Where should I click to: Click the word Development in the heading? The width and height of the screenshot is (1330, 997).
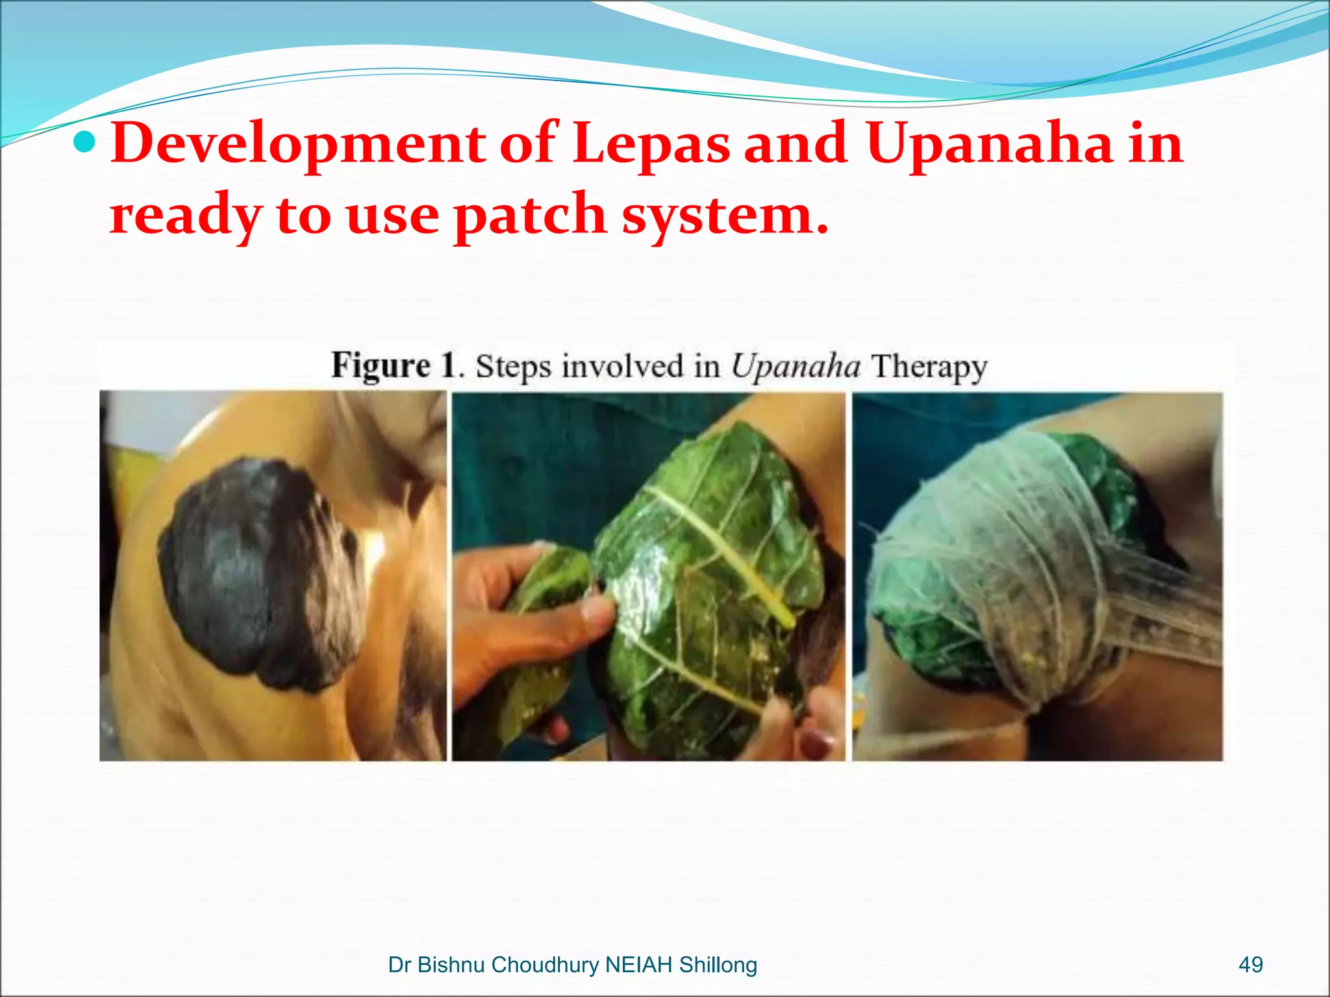tap(298, 144)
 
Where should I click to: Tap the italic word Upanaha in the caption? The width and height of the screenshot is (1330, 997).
tap(796, 365)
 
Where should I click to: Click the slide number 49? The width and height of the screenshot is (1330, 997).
tap(1250, 965)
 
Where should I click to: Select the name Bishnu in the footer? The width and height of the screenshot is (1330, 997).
tap(452, 965)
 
